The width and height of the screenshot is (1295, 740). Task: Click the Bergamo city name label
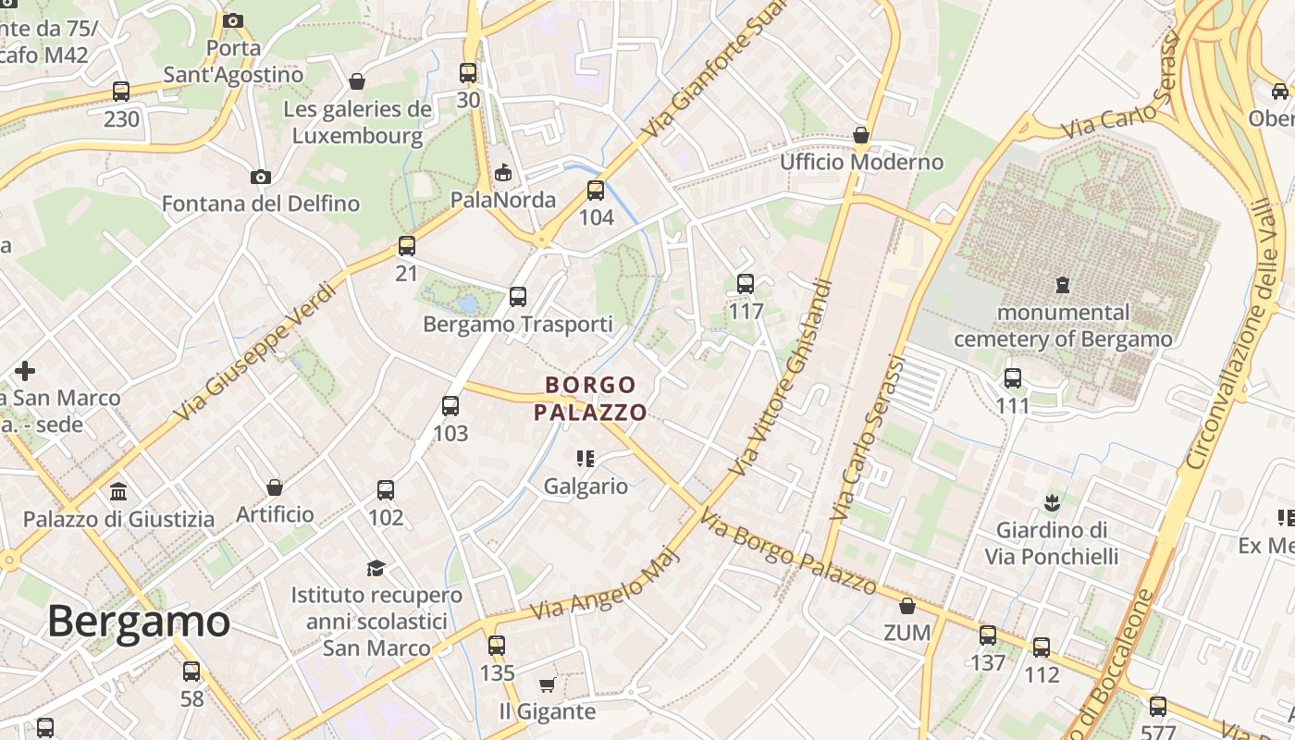coord(139,621)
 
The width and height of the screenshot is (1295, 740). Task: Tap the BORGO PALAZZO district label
coord(591,399)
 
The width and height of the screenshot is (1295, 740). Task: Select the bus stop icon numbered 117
coord(746,284)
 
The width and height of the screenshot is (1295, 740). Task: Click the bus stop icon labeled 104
coord(596,191)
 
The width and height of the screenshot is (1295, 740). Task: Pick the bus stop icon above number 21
coord(407,246)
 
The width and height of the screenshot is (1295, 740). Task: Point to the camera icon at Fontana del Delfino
coord(261,177)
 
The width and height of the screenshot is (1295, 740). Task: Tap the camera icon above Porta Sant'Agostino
coord(233,20)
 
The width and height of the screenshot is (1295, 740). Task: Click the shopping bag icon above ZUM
coord(906,606)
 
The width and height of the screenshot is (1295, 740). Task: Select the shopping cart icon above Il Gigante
coord(547,685)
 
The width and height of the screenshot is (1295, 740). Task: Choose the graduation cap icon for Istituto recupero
coord(376,567)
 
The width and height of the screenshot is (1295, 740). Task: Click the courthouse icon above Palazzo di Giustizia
coord(118,491)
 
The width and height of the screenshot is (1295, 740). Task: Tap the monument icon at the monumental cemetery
coord(1063,285)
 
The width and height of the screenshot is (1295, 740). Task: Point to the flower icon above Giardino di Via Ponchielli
coord(1051,504)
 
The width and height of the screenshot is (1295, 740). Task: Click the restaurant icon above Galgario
coord(585,459)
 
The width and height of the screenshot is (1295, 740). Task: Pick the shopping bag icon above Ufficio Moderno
coord(861,136)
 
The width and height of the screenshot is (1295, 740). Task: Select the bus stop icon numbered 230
coord(121,92)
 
